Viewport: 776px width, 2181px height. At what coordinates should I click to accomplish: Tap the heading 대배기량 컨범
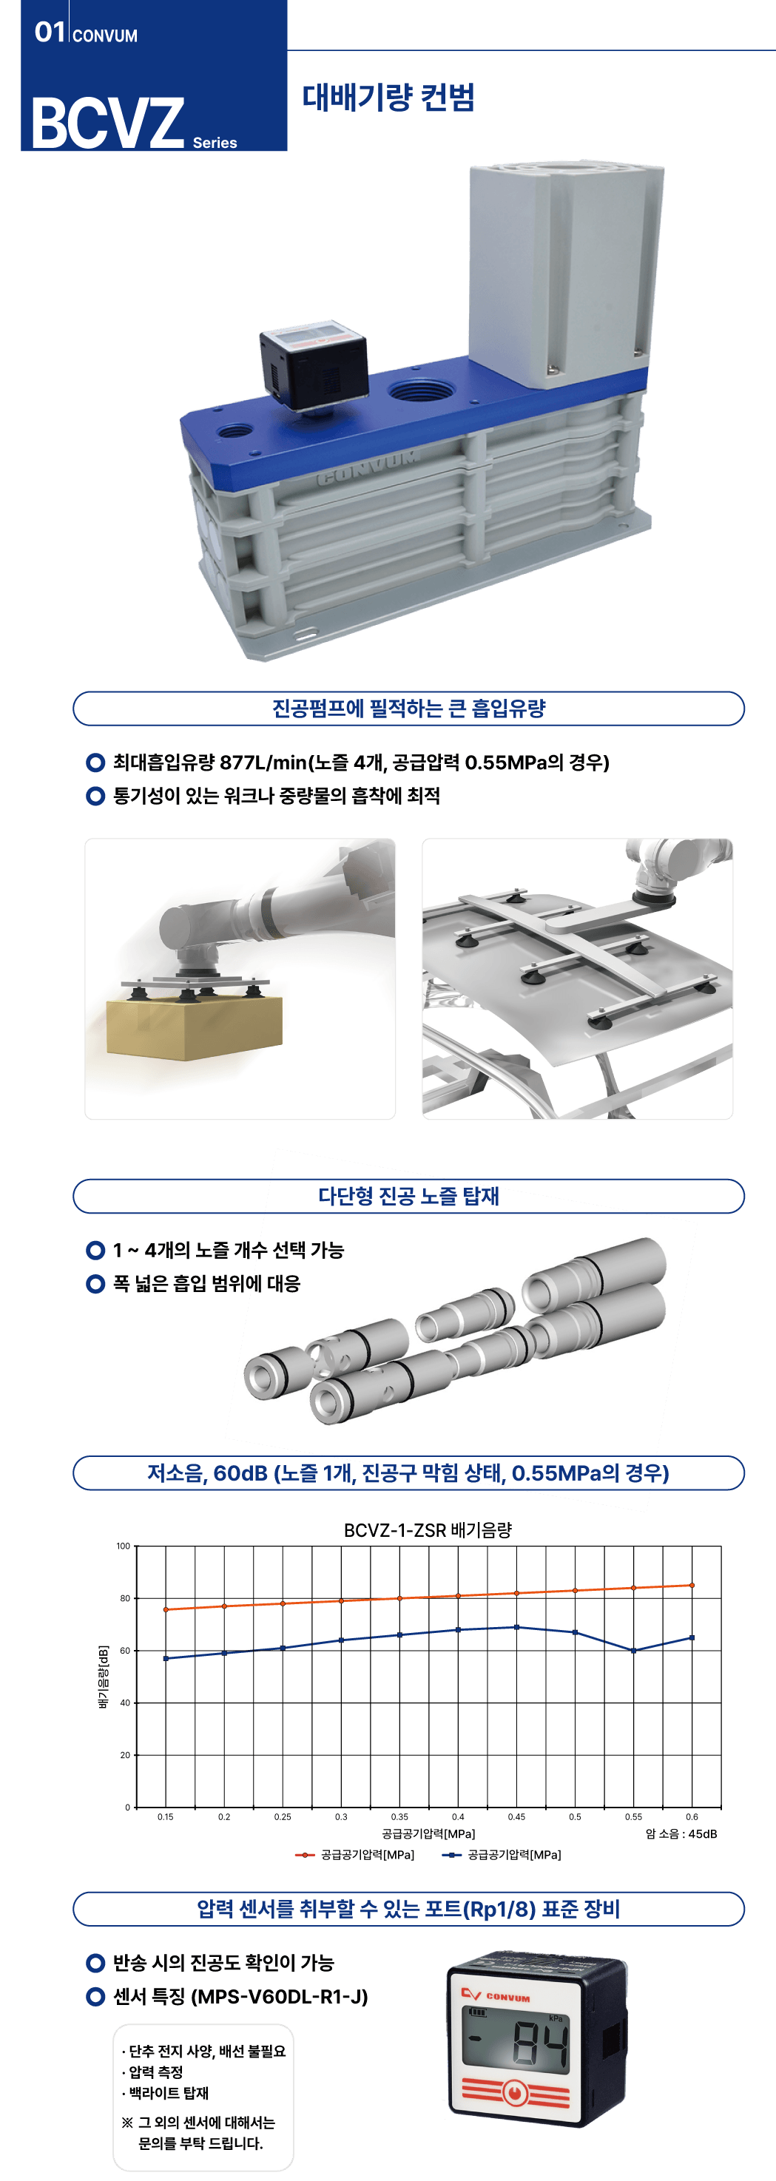[389, 98]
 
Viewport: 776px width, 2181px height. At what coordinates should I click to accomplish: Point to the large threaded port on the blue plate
[420, 392]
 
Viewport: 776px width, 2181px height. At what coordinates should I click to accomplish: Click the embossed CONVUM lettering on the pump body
[367, 468]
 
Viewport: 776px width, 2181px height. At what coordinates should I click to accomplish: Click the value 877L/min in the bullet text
[263, 762]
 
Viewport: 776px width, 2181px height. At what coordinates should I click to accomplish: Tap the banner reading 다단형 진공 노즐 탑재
[408, 1195]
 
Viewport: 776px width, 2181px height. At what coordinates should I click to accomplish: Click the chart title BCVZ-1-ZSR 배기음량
[428, 1530]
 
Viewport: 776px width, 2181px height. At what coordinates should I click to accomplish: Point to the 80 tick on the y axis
[124, 1598]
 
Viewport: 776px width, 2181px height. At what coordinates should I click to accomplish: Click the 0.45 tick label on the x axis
[516, 1817]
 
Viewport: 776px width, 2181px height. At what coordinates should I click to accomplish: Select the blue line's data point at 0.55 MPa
[634, 1650]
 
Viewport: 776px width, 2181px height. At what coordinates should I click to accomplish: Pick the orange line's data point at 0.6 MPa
[692, 1585]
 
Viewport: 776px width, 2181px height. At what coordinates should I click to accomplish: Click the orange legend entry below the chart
[354, 1854]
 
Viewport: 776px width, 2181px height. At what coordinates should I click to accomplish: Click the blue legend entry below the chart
[502, 1854]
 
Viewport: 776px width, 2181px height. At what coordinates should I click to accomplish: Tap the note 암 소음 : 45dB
[681, 1834]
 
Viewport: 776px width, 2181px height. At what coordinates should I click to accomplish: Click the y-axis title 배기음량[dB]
[104, 1677]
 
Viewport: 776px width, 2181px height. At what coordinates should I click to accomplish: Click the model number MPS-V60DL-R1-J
[280, 1996]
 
